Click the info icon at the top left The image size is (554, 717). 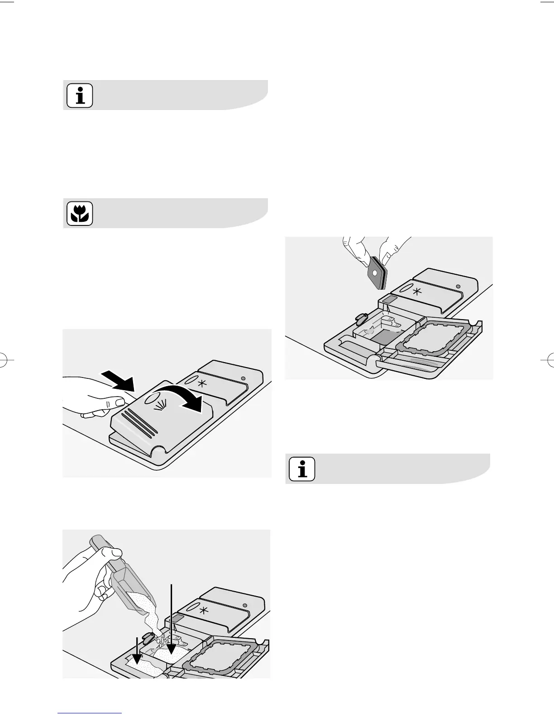click(x=80, y=96)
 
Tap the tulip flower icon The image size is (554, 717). click(x=80, y=214)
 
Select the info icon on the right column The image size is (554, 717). click(x=302, y=469)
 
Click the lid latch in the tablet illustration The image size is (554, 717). click(x=360, y=318)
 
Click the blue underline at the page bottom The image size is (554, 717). click(x=90, y=713)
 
